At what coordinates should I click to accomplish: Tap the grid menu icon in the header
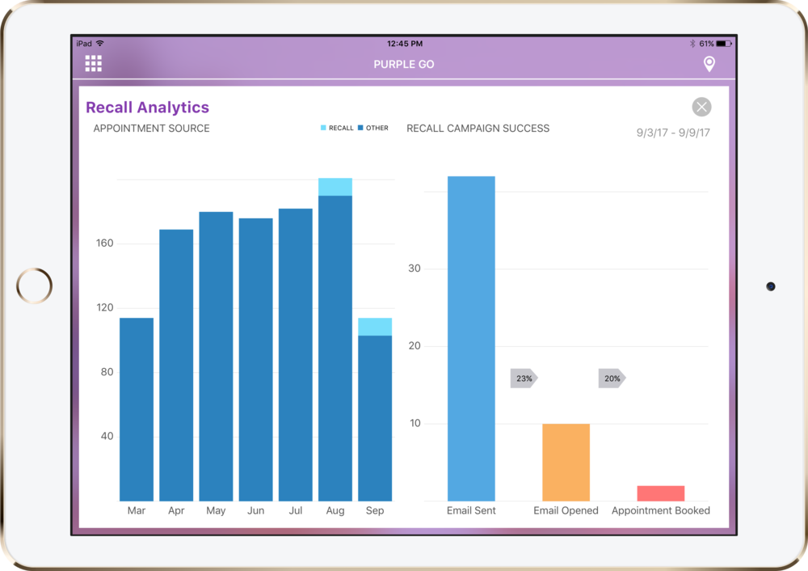pos(93,64)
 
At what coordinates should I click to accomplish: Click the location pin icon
pos(709,64)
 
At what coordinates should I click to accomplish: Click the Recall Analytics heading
pos(147,108)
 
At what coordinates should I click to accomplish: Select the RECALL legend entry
pos(337,128)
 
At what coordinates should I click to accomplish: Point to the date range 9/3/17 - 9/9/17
pos(673,133)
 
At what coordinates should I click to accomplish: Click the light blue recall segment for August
pos(335,187)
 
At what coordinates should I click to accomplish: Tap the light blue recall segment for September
pos(375,327)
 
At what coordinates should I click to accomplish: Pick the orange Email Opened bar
pos(566,462)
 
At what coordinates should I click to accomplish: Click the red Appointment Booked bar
pos(660,493)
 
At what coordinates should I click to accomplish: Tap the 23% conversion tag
pos(524,379)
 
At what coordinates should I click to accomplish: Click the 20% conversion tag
pos(612,379)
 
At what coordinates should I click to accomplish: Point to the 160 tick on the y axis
pos(105,243)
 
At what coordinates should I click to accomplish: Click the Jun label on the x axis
pos(255,511)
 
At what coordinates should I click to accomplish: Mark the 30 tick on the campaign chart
pos(415,269)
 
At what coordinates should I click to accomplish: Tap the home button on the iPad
pos(34,285)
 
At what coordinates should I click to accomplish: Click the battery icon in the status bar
pos(723,44)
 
